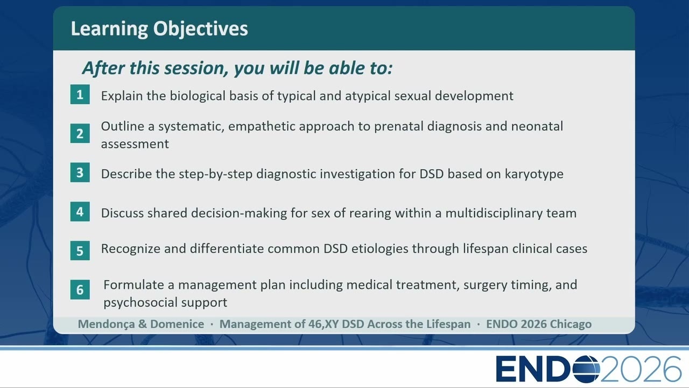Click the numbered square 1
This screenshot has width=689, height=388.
80,94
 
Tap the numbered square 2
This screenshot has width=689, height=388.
80,133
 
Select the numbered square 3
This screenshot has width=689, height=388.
80,172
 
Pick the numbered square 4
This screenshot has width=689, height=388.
80,212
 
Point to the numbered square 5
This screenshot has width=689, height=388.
80,251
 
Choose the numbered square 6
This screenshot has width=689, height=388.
80,289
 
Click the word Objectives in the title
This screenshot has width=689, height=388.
201,29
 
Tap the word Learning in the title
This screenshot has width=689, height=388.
109,29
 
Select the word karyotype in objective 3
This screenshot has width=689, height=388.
534,174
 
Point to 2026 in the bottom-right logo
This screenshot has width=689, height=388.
641,369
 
